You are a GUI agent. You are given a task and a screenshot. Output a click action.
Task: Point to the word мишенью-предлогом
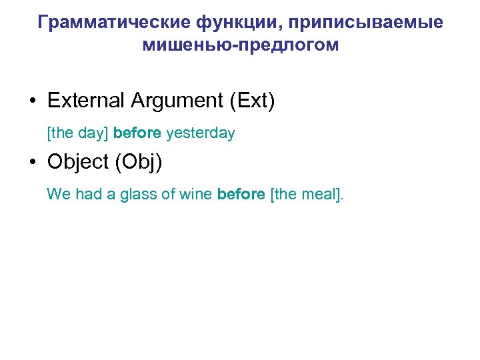[x=240, y=45]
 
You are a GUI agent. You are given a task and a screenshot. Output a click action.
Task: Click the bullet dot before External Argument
[x=33, y=101]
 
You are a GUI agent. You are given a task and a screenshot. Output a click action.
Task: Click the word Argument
[x=177, y=101]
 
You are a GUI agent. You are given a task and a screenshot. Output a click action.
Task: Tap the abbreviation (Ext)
[x=251, y=101]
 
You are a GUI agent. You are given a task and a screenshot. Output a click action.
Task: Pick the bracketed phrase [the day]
[x=78, y=133]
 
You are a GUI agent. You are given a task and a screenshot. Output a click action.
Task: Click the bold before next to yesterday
[x=137, y=133]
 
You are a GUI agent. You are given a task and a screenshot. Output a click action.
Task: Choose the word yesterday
[x=200, y=133]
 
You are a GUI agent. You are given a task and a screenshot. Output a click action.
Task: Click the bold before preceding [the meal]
[x=241, y=195]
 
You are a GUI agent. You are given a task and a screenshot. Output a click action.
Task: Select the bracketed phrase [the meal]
[x=307, y=195]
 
